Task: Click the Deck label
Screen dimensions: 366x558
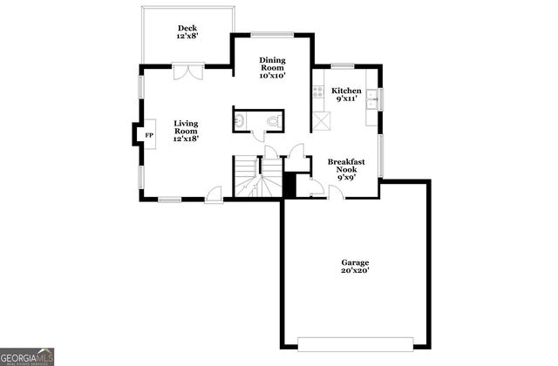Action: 187,28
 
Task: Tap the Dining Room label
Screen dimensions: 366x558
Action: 272,68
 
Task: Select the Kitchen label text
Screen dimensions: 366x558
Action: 346,91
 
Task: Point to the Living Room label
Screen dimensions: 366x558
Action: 186,131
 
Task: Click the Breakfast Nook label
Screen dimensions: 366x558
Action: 344,167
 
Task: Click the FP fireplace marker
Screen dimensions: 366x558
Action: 148,135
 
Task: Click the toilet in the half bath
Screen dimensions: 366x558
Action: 273,120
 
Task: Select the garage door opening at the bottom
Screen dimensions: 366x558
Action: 355,340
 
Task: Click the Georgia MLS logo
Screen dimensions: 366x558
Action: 28,356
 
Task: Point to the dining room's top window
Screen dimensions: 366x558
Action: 270,34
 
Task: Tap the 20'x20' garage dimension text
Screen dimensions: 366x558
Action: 355,271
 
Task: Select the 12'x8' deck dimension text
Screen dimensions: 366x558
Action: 187,37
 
